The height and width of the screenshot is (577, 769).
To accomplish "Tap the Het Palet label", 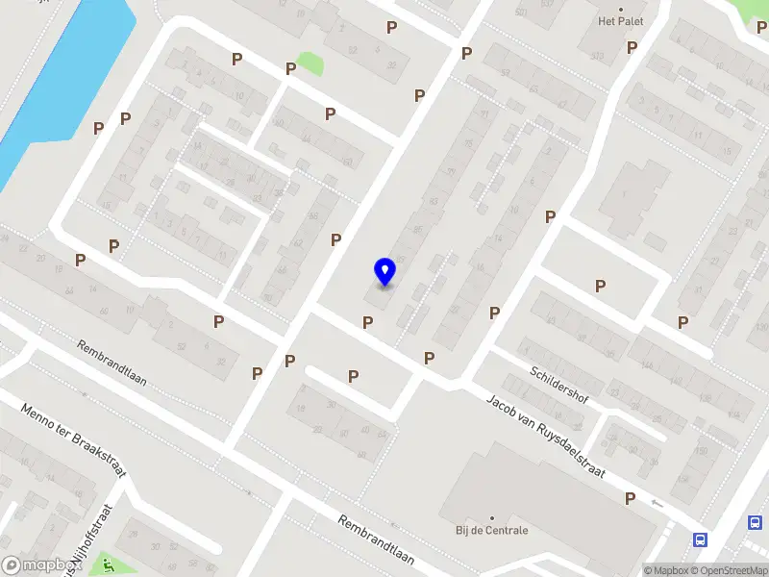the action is click(x=619, y=21).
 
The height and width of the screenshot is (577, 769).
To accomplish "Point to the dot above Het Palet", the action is click(x=620, y=9).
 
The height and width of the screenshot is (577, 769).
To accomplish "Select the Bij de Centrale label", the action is click(x=491, y=530).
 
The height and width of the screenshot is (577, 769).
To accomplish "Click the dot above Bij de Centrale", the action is click(x=491, y=517).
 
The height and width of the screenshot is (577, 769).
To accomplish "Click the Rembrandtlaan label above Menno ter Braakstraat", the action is click(x=112, y=364).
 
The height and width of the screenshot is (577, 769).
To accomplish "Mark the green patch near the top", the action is click(x=310, y=64).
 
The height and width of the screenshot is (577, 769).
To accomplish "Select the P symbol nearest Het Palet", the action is click(x=633, y=47).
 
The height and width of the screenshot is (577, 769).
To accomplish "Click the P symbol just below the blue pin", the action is click(x=367, y=322).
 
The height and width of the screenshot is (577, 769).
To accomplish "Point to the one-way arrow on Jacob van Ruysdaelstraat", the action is click(x=657, y=503).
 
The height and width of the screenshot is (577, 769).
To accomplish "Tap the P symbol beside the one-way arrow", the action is click(x=631, y=498).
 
